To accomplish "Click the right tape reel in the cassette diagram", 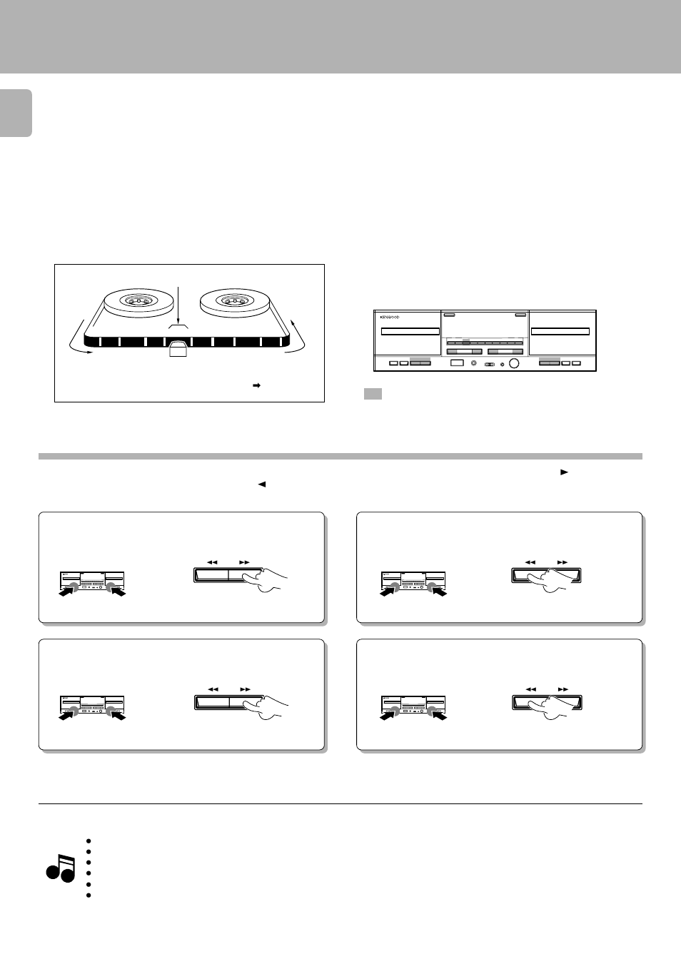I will tap(234, 302).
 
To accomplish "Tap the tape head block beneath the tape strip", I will tap(178, 350).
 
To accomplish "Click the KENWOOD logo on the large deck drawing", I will tap(390, 318).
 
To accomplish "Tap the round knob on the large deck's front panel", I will tap(514, 364).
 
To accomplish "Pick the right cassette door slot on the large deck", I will tap(560, 331).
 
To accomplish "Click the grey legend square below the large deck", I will tap(373, 394).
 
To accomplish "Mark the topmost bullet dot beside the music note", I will tap(88, 841).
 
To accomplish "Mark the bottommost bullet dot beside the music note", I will tap(88, 895).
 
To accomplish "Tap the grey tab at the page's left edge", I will tap(16, 113).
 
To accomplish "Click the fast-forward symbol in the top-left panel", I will tap(244, 562).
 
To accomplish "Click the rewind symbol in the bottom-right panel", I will tap(531, 689).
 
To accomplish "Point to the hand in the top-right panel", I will tap(553, 580).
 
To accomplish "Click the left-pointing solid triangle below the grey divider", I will tap(261, 484).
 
